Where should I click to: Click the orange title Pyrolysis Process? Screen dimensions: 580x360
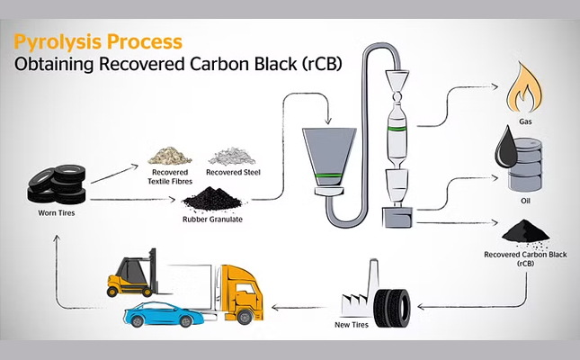point(98,42)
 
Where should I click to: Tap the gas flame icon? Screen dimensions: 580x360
point(524,88)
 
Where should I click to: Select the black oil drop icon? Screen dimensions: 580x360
point(506,148)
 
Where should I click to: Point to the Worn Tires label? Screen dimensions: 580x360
point(57,213)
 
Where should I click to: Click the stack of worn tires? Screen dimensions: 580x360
point(57,184)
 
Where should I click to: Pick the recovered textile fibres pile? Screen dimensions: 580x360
point(170,156)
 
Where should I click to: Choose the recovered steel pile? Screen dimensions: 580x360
point(232,156)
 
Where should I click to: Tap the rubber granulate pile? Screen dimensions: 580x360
point(212,199)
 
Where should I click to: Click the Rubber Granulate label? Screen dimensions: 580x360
point(212,220)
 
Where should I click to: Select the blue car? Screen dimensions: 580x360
point(164,314)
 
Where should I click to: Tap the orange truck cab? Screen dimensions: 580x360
point(242,293)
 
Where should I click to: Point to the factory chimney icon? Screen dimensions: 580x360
point(373,277)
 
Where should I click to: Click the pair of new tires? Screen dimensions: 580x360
point(392,308)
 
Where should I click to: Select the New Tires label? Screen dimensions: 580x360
point(352,325)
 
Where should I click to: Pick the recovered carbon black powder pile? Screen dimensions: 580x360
point(525,232)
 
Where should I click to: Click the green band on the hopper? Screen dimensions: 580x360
point(329,175)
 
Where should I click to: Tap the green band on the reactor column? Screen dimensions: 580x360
point(397,129)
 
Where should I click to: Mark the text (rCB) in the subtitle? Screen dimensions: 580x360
point(321,64)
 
